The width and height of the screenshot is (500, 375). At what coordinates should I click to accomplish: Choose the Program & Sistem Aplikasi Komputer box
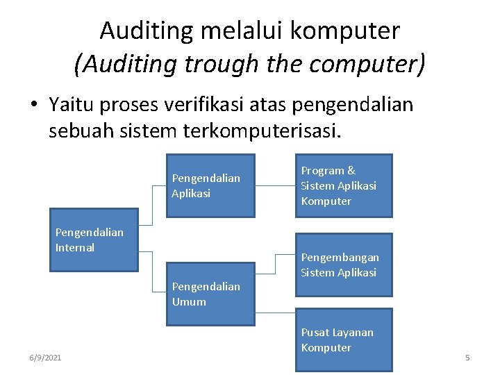[x=344, y=185]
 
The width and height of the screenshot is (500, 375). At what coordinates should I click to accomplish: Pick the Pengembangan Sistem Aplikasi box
[x=344, y=265]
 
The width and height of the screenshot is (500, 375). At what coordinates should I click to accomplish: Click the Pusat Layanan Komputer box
[x=344, y=340]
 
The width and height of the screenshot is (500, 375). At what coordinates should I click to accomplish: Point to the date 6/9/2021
[x=45, y=358]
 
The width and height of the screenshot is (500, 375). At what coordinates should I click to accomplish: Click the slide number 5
[x=467, y=358]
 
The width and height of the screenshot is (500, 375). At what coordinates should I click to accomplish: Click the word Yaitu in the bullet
[x=73, y=105]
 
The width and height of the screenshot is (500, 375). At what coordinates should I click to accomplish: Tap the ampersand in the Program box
[x=351, y=171]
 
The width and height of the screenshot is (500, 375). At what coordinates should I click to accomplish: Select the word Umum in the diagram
[x=189, y=301]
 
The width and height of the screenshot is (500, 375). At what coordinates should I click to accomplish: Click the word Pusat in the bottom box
[x=315, y=333]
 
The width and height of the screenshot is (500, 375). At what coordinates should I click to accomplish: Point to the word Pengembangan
[x=340, y=258]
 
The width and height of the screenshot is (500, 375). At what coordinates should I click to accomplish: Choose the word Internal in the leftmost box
[x=75, y=248]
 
